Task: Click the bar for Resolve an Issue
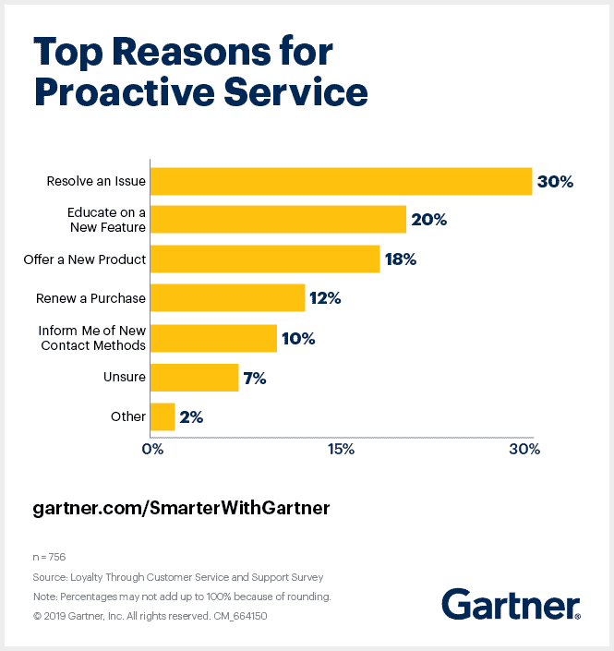pos(341,181)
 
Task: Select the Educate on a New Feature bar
pos(278,220)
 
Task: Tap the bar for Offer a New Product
pos(265,259)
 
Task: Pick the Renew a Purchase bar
pos(227,298)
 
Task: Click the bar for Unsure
pos(194,377)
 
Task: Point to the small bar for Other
pos(163,416)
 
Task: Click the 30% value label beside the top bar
pos(555,182)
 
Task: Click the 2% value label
pos(191,416)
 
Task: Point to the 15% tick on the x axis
pos(341,450)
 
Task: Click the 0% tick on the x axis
pos(152,450)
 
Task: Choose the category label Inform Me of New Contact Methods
pos(92,338)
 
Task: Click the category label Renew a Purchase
pos(90,298)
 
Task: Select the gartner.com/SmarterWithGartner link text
pos(181,509)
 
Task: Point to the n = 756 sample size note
pos(49,557)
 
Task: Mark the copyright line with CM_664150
pos(150,614)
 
